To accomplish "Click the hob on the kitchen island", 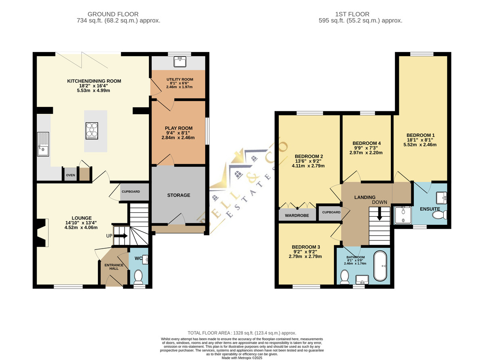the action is (x=92, y=131).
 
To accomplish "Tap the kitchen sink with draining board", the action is (x=43, y=144).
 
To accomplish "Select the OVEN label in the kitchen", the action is (x=71, y=175).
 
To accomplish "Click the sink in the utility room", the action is (x=180, y=62).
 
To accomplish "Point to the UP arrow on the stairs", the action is (x=121, y=236).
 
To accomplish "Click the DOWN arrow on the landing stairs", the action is (x=380, y=213).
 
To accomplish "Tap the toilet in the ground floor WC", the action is (x=138, y=276).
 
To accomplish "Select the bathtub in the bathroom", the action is (x=380, y=266).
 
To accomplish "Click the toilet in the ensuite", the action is (x=440, y=215).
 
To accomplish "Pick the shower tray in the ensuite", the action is (x=403, y=215).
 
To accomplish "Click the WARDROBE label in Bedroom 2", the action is (x=297, y=216).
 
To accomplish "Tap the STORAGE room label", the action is (x=179, y=195).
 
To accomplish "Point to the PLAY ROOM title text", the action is (x=179, y=128).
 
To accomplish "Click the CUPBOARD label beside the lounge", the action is (x=131, y=192).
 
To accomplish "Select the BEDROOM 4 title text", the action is (x=367, y=143).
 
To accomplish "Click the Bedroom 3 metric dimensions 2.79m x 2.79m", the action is (x=305, y=256).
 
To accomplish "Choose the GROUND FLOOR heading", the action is (x=113, y=14).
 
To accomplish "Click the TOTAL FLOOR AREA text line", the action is (x=242, y=333).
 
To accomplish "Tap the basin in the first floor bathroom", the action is (x=362, y=279).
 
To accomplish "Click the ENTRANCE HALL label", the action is (x=114, y=267).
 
